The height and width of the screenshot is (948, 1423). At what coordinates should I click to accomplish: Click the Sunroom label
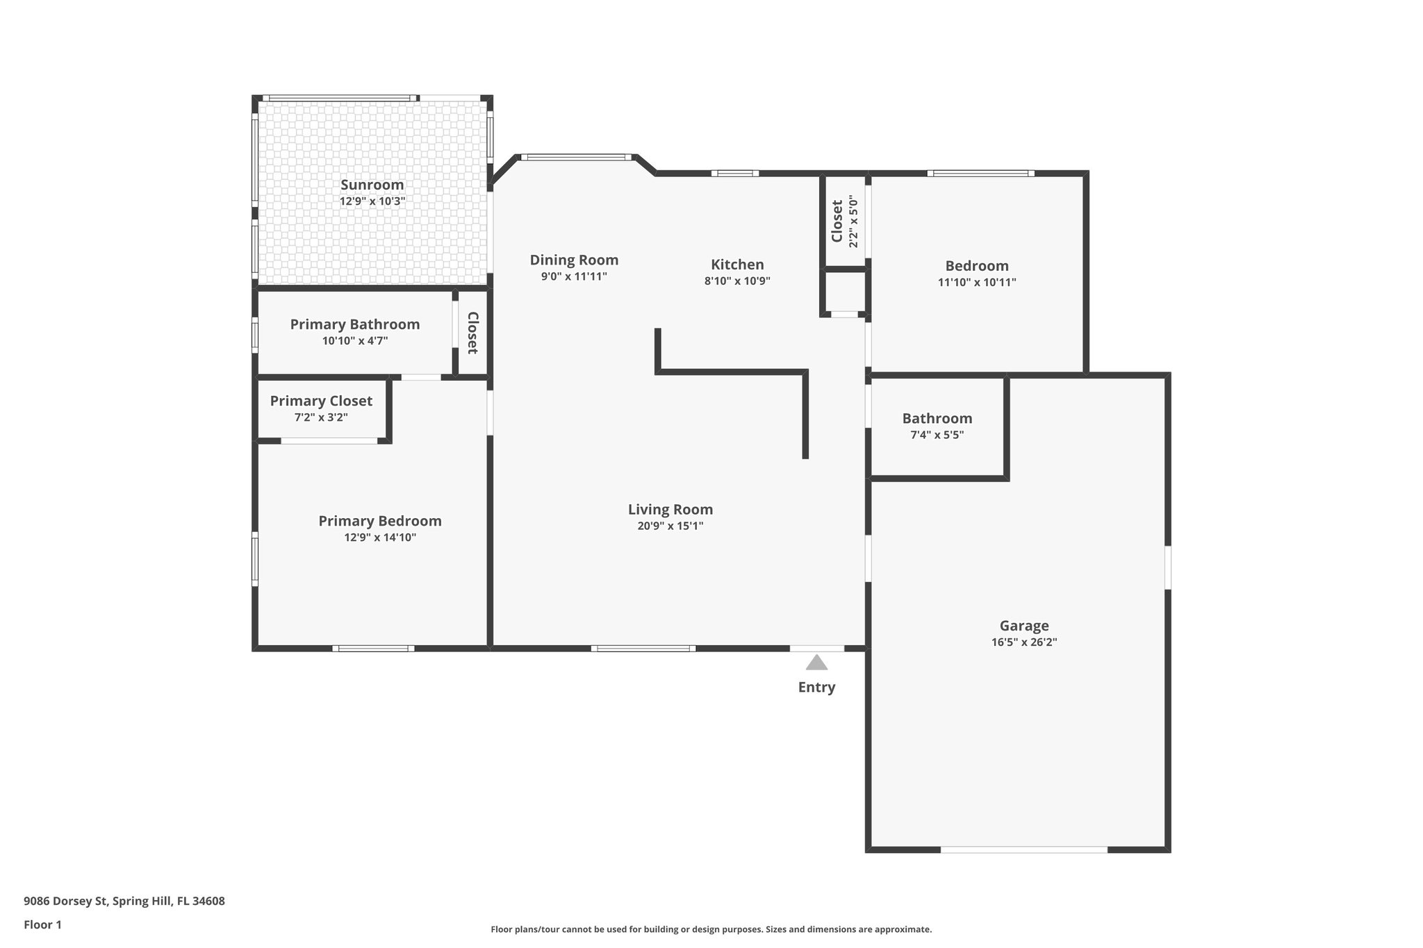[372, 185]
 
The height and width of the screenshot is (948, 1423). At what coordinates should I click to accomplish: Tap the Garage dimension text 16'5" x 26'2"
[1024, 642]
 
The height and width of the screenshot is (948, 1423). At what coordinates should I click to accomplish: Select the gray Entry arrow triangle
[816, 663]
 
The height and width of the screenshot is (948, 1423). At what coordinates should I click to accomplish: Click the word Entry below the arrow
[816, 687]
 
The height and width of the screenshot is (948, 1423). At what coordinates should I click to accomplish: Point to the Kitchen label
[737, 265]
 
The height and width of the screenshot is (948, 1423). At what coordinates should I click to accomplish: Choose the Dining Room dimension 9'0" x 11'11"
[574, 276]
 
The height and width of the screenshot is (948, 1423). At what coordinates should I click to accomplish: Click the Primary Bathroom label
[354, 324]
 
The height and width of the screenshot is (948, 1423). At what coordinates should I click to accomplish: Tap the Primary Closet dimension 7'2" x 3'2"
[321, 417]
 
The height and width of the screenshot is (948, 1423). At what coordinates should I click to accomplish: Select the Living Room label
[670, 509]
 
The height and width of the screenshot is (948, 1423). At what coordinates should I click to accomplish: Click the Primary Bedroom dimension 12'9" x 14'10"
[380, 538]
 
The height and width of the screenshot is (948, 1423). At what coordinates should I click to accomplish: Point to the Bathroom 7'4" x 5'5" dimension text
[937, 435]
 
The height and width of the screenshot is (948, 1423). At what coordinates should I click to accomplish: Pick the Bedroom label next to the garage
[976, 266]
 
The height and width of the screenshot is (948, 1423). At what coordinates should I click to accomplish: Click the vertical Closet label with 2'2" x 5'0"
[837, 221]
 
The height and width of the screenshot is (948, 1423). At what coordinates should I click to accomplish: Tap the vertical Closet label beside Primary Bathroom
[472, 333]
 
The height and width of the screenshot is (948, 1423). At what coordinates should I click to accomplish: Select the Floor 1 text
[42, 924]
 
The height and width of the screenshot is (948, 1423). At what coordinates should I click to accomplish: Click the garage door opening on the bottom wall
[1023, 849]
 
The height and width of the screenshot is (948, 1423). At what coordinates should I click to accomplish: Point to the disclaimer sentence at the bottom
[711, 929]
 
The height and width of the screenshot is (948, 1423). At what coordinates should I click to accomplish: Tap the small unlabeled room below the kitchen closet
[844, 292]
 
